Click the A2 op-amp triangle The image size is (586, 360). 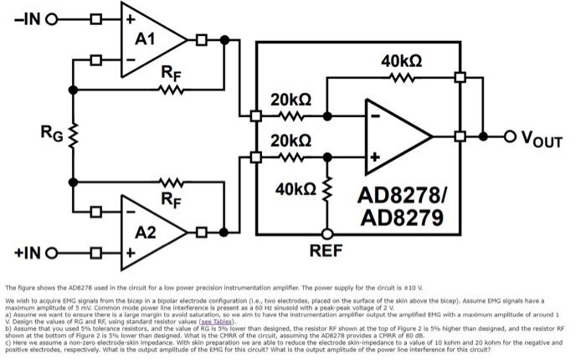coord(151,229)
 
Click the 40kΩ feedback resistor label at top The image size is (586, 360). coord(401,61)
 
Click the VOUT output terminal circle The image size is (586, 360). coord(507,135)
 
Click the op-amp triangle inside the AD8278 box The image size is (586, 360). coord(393,135)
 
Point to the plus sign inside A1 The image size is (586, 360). coord(131,18)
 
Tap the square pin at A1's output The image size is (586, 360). coord(202,39)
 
